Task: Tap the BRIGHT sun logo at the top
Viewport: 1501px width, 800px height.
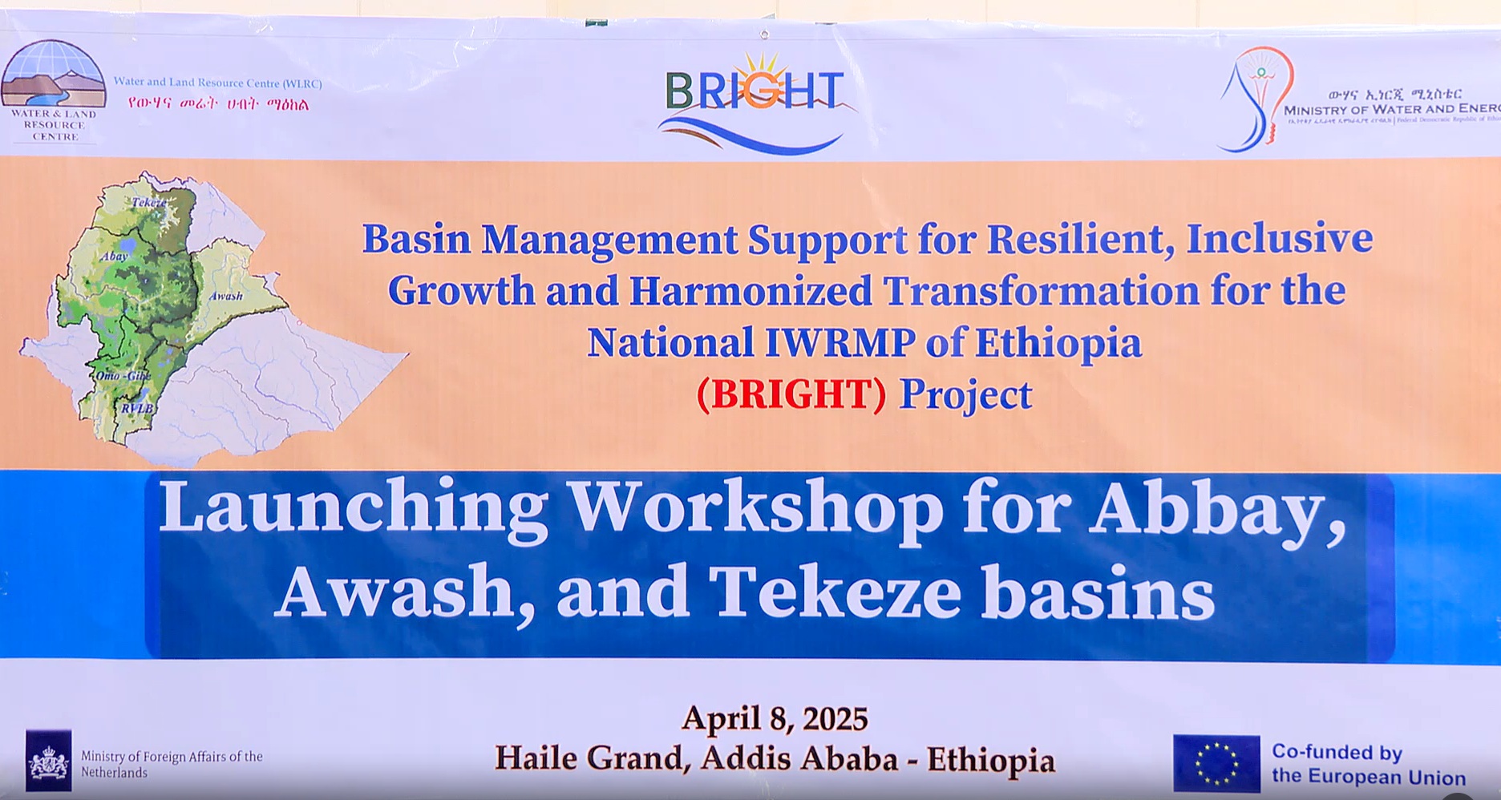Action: (755, 100)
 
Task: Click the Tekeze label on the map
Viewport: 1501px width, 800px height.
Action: (149, 202)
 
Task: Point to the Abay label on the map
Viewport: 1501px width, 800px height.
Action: (114, 257)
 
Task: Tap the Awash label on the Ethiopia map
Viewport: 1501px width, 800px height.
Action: (225, 297)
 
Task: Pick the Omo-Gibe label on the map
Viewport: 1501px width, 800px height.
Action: (123, 376)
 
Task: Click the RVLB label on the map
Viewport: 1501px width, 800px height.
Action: (136, 408)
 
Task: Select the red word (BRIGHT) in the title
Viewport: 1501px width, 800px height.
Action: (791, 394)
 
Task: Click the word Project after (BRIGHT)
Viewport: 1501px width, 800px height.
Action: (965, 395)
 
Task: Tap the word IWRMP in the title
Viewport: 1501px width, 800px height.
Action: (839, 343)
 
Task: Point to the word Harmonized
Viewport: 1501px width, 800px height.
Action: (750, 290)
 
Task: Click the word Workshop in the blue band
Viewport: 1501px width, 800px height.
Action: (758, 509)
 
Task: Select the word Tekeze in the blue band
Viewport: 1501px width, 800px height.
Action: (835, 593)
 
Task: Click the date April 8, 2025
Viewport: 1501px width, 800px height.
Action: (775, 719)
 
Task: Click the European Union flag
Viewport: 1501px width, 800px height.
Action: (1216, 763)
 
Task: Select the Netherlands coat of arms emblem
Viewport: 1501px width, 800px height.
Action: (49, 761)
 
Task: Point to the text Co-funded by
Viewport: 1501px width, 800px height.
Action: (1337, 752)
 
